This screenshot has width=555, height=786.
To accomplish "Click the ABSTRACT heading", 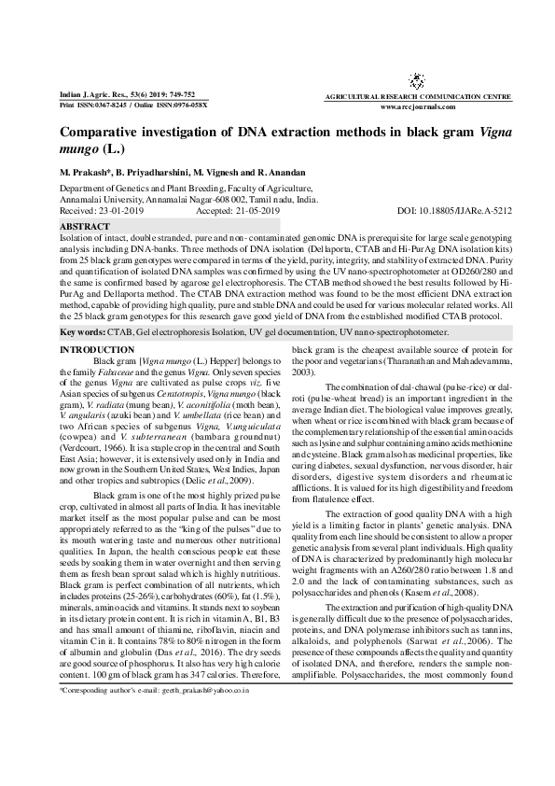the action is tap(84, 226).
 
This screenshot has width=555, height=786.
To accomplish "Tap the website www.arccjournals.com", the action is tap(430, 106).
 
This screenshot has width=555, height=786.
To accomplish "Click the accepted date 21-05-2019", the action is tap(252, 212).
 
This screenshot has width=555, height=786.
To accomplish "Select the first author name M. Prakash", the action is tap(85, 175).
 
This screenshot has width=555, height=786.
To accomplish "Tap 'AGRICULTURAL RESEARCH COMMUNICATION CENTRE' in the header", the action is tap(430, 97).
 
